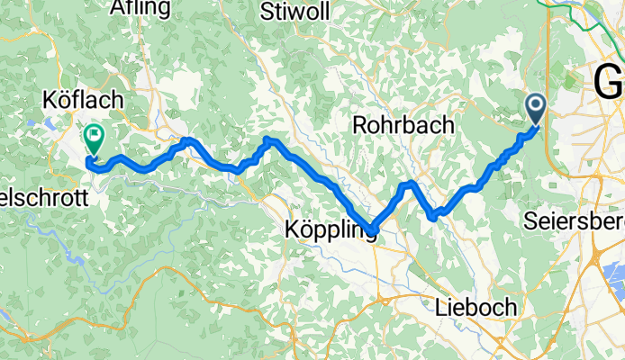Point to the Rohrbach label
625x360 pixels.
point(403,126)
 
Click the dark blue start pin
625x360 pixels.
point(535,110)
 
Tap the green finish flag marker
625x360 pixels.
point(94,138)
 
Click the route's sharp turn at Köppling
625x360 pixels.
point(370,229)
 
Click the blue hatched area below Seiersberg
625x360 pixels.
point(613,270)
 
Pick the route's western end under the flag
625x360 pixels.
point(89,162)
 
